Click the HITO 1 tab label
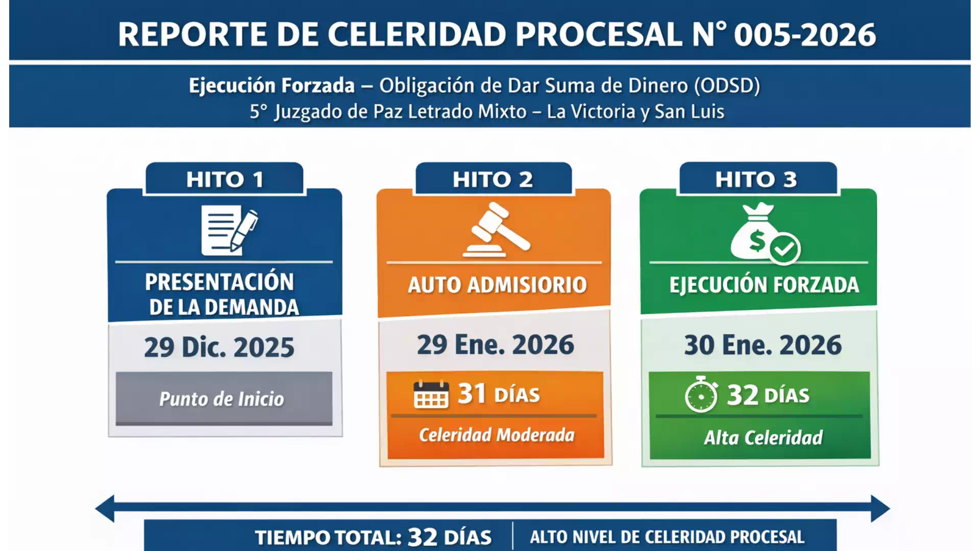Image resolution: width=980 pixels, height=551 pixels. tap(225, 180)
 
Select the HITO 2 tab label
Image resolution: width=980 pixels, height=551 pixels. tap(493, 180)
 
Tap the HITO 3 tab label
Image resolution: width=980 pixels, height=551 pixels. tap(756, 180)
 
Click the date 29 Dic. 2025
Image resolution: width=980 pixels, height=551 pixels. tap(219, 347)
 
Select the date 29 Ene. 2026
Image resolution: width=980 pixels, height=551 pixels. tap(495, 345)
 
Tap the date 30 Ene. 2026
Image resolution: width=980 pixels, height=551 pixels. tap(763, 345)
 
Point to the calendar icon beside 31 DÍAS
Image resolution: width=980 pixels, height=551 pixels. tap(431, 395)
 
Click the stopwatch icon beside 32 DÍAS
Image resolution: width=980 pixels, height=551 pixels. tap(701, 394)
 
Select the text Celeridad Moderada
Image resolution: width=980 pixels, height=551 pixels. tap(496, 435)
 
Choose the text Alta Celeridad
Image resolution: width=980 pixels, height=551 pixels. tap(763, 438)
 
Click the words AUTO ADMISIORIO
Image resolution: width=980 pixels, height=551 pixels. tap(497, 285)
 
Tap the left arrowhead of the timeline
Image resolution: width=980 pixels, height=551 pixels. tap(105, 508)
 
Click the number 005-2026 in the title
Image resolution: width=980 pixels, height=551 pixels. tap(805, 35)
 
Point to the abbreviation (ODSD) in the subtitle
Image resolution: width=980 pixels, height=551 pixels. tap(727, 86)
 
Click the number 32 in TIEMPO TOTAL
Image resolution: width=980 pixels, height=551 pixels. tap(423, 537)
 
